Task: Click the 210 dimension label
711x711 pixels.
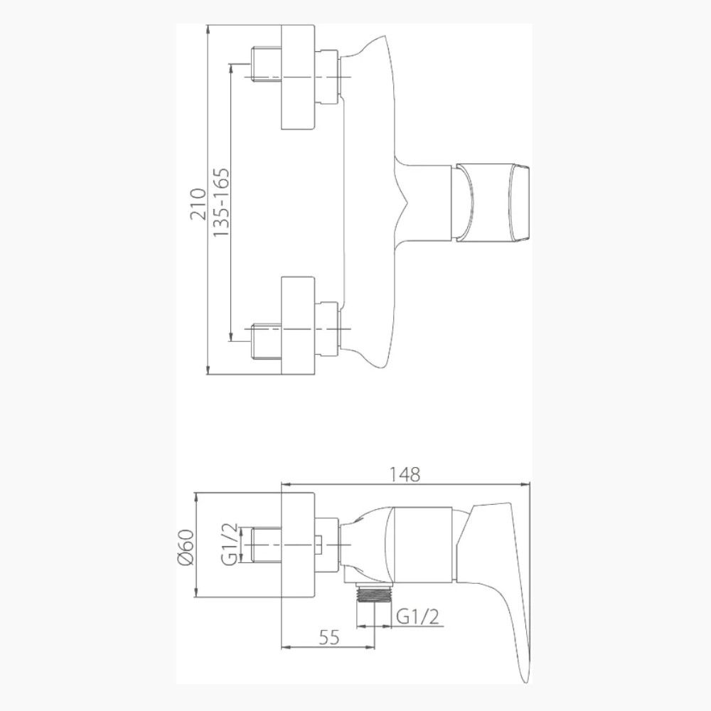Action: tap(198, 203)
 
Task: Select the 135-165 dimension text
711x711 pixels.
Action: tap(221, 203)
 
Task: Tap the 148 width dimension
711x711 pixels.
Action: tap(405, 474)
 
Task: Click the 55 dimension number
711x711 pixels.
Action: tap(329, 638)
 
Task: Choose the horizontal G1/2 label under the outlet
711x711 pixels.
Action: tap(417, 617)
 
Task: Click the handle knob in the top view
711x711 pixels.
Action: tap(493, 202)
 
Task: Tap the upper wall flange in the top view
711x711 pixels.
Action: tap(298, 77)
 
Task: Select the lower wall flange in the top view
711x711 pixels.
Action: tap(298, 326)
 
